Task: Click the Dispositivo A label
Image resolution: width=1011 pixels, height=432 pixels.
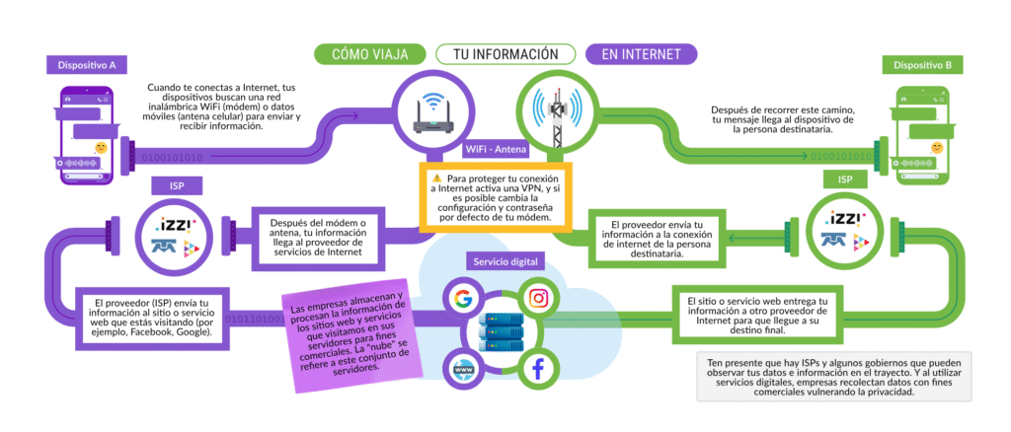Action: click(x=86, y=65)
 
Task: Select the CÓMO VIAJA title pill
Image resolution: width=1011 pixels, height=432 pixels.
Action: click(x=370, y=53)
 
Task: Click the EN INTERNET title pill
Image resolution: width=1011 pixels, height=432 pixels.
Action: click(x=642, y=53)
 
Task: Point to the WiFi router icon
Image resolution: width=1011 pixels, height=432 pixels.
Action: click(x=431, y=109)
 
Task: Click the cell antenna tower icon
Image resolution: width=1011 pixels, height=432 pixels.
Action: click(x=558, y=109)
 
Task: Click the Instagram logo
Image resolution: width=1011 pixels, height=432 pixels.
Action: click(x=536, y=298)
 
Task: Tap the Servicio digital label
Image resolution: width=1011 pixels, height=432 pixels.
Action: click(x=505, y=262)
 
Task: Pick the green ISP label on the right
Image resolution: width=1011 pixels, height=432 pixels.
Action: click(x=845, y=180)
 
